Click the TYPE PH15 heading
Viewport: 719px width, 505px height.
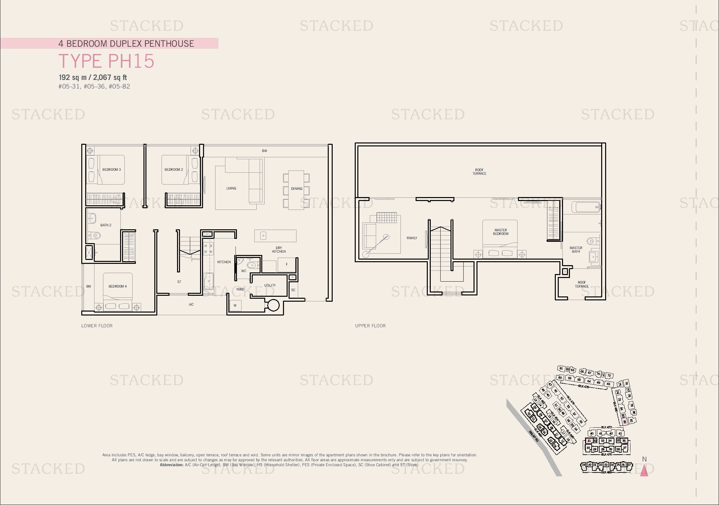click(x=106, y=61)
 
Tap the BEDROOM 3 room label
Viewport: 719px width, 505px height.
click(x=112, y=169)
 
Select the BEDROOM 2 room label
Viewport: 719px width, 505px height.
click(x=174, y=169)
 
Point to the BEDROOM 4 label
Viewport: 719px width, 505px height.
click(x=117, y=286)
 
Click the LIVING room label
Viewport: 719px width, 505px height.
click(x=231, y=189)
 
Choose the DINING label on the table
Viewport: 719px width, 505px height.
click(x=296, y=189)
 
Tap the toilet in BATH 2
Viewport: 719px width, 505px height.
click(x=96, y=236)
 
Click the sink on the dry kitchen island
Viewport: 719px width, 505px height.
click(x=263, y=236)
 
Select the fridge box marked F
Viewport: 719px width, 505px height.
click(x=287, y=264)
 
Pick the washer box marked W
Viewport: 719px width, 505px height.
click(x=235, y=306)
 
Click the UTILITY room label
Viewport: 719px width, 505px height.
click(x=270, y=285)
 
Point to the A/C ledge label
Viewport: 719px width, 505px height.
click(x=191, y=305)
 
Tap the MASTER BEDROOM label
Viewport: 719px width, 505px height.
click(x=501, y=232)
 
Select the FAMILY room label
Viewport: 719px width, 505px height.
click(x=412, y=238)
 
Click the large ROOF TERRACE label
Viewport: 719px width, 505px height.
click(x=479, y=172)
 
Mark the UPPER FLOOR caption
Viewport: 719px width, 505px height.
click(x=370, y=326)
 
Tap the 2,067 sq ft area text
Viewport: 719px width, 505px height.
click(x=110, y=78)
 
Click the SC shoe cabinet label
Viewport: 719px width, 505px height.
click(x=293, y=290)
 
